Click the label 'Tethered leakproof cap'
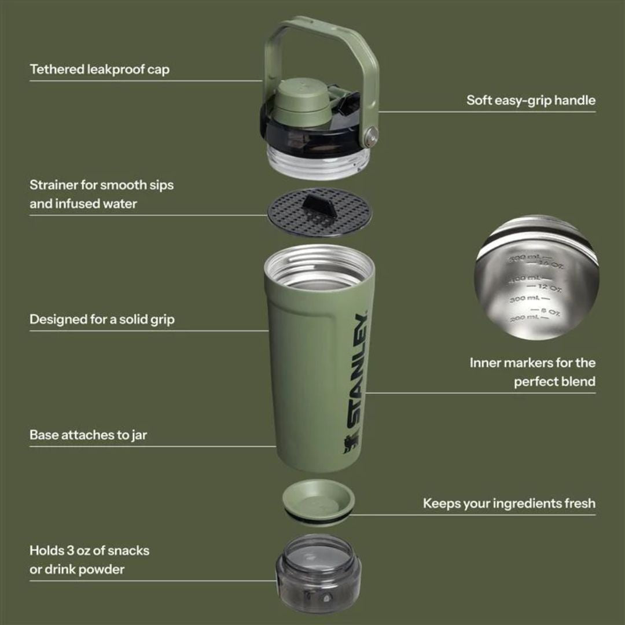click(x=100, y=69)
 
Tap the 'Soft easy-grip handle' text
click(x=531, y=100)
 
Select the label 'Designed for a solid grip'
click(x=102, y=319)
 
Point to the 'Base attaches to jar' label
click(x=88, y=435)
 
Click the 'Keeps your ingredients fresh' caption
click(x=509, y=503)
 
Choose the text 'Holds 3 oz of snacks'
click(x=89, y=550)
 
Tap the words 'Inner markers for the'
click(x=532, y=363)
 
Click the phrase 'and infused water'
click(x=83, y=204)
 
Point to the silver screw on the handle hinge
click(x=371, y=137)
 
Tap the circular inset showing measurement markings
click(x=536, y=277)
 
